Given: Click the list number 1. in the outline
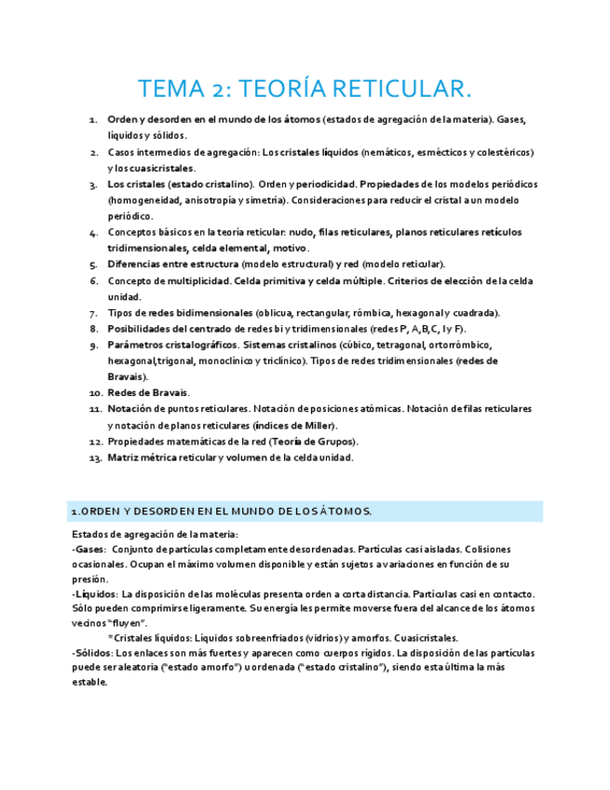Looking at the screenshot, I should coord(93,120).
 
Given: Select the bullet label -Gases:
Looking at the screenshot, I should coord(88,550).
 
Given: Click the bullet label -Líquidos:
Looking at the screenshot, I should coord(94,593).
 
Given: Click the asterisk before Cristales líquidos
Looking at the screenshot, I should coord(111,637).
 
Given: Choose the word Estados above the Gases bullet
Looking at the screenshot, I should coord(90,534).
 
